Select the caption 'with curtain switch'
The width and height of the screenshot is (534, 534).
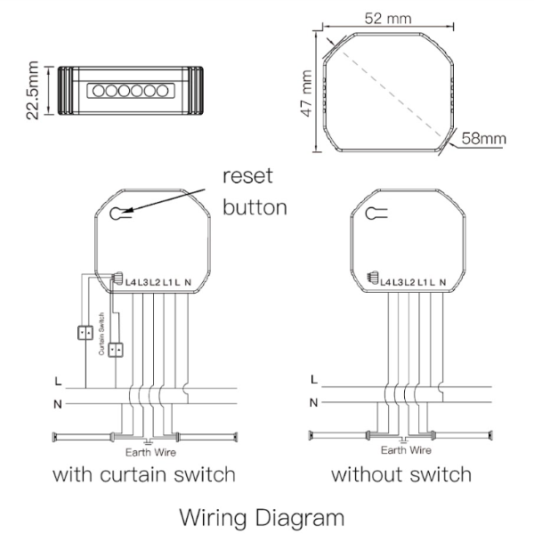144,473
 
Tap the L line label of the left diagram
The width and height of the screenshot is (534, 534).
59,381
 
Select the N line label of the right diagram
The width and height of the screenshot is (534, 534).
312,402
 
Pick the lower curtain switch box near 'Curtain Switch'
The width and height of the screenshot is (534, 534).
114,348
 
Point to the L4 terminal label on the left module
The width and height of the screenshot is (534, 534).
131,282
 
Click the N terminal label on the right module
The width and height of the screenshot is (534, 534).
442,282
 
